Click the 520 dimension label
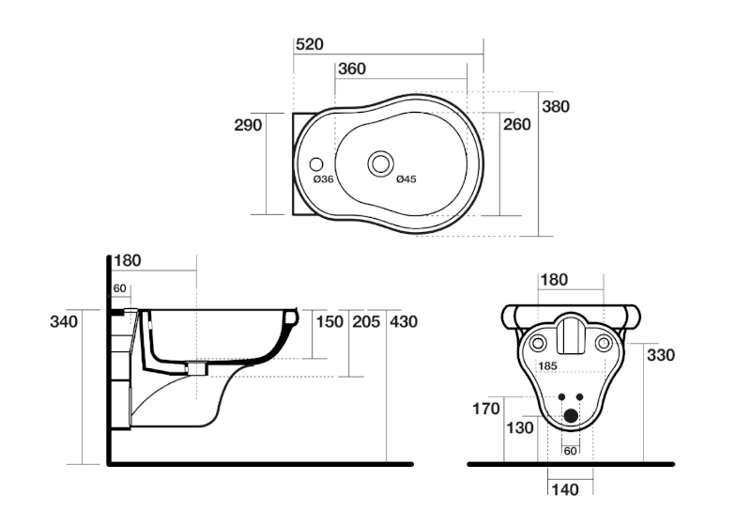coord(311,44)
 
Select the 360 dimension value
coord(352,69)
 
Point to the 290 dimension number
coord(248,125)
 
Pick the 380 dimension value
coord(555,106)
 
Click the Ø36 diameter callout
coord(324,178)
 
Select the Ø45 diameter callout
coord(406,178)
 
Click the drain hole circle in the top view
coord(380,162)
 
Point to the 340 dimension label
coord(64,322)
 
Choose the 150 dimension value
coord(329,322)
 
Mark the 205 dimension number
coord(366,322)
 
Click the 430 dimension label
coord(404,322)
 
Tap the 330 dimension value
coord(661,355)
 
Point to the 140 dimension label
coord(564,488)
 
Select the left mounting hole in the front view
coord(540,343)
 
